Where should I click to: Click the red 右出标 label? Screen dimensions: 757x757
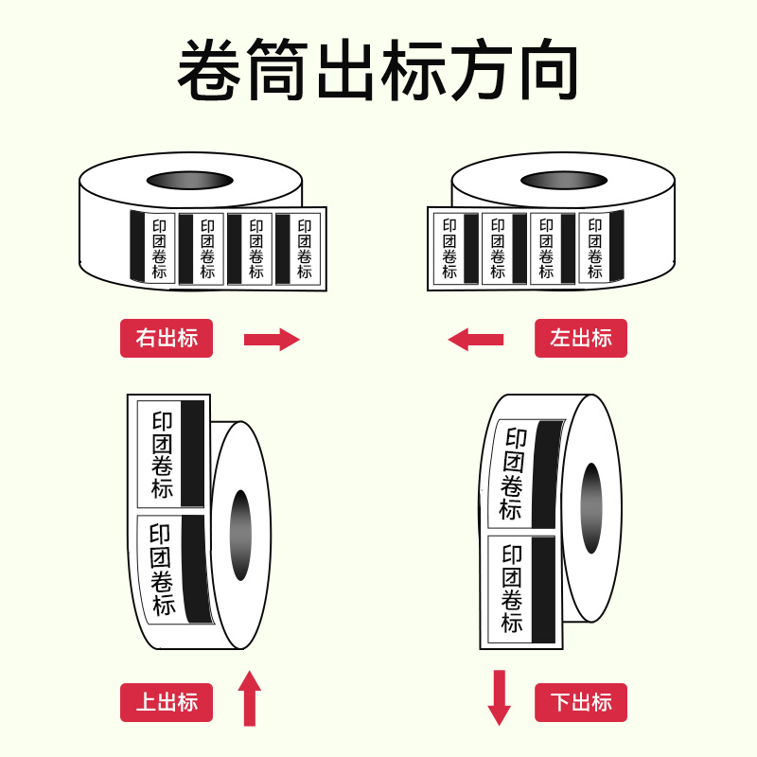tap(167, 338)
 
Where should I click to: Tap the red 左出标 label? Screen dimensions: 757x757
tap(581, 338)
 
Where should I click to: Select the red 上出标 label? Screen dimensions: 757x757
tap(167, 702)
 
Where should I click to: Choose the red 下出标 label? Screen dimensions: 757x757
tap(581, 702)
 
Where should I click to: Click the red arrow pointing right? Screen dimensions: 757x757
tap(272, 340)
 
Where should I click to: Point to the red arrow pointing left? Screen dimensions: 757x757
tap(476, 340)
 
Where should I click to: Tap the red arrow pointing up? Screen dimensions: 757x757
tap(250, 698)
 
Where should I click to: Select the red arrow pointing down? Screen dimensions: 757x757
tap(500, 698)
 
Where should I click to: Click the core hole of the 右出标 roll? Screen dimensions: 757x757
tap(190, 181)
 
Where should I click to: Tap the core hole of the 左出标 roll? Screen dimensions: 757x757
tap(564, 181)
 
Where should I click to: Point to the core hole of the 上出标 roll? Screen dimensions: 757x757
tap(240, 535)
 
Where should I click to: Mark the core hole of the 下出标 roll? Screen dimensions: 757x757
tap(591, 508)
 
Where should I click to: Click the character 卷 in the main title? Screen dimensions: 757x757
tap(208, 69)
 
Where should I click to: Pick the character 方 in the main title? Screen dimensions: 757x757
tap(481, 69)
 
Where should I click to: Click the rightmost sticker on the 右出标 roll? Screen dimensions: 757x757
tap(298, 249)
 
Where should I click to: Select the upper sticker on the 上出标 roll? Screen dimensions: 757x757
tap(171, 454)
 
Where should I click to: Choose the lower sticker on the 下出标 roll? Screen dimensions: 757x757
tap(522, 590)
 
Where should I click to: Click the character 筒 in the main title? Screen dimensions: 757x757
tap(277, 69)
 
